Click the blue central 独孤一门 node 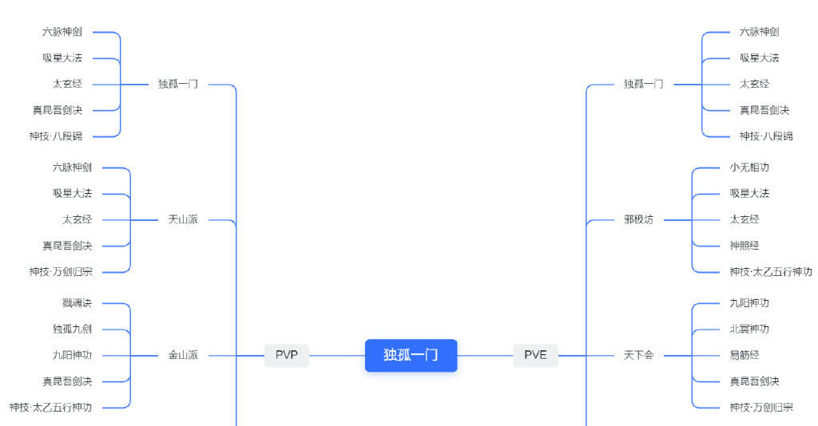click(411, 355)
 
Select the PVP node click(287, 355)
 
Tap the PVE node click(536, 355)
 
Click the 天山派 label click(183, 219)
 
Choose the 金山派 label click(183, 355)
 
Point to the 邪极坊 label click(638, 219)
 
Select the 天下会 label click(638, 355)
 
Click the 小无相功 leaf click(749, 168)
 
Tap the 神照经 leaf click(745, 246)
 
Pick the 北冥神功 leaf click(749, 329)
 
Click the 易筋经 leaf click(745, 355)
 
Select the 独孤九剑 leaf click(72, 329)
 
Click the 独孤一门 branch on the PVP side click(178, 84)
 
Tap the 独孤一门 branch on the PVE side click(644, 84)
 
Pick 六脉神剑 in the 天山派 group click(72, 168)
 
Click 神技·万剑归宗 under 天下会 click(761, 407)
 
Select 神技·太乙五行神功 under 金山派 click(50, 407)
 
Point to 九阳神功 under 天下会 click(749, 303)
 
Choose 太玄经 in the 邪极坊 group click(745, 219)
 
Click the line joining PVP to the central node click(337, 356)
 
